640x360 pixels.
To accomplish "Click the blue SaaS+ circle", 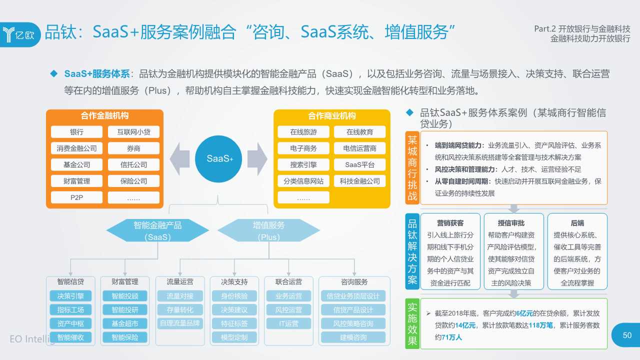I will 218,158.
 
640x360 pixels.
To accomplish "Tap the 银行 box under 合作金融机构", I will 76,132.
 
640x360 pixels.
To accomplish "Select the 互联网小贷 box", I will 133,132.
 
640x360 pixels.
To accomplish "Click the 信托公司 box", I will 133,164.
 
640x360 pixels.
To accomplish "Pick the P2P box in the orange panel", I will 76,197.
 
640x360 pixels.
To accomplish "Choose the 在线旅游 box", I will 303,132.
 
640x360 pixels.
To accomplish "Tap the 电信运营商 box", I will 359,148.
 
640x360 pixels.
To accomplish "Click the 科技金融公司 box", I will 359,181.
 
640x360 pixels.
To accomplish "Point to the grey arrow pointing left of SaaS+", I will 179,158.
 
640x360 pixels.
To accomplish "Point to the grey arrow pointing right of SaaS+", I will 257,158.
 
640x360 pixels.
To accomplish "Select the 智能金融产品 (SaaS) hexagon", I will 157,231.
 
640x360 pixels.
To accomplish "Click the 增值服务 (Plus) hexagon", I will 268,231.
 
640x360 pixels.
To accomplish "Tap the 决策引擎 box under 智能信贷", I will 70,296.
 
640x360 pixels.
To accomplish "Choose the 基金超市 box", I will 125,323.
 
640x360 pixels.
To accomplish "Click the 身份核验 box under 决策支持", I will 234,296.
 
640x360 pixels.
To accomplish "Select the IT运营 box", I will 288,323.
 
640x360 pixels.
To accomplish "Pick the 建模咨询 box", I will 353,337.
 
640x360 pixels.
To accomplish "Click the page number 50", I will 627,335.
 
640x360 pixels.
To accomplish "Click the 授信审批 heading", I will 511,223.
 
